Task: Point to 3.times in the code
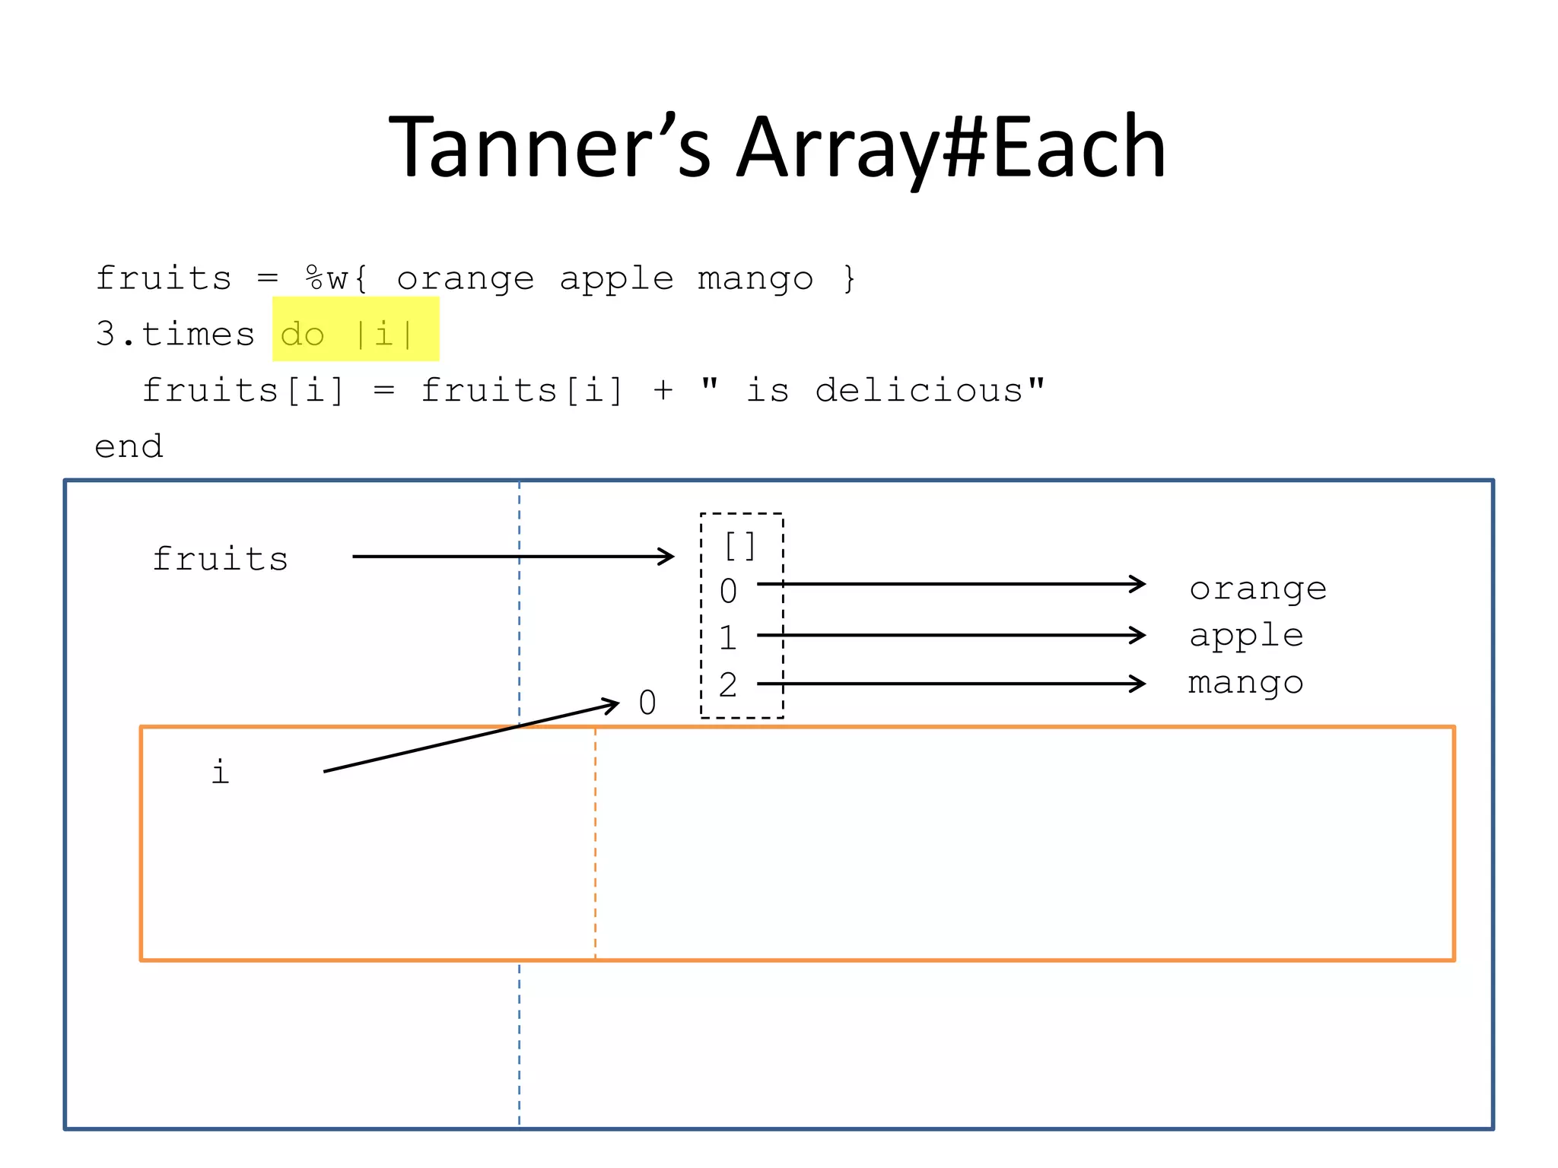(175, 334)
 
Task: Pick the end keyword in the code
(129, 446)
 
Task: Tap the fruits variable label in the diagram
(220, 559)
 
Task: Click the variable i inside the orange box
(220, 772)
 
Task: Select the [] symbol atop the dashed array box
(740, 546)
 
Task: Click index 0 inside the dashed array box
(728, 591)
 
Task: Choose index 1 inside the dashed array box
(728, 637)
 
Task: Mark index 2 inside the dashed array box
(728, 684)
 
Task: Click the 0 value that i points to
(647, 703)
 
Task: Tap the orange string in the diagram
(1258, 589)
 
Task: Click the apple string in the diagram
(1246, 636)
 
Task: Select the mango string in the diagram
(1245, 683)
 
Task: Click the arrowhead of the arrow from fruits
(667, 557)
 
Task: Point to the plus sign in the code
(663, 390)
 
